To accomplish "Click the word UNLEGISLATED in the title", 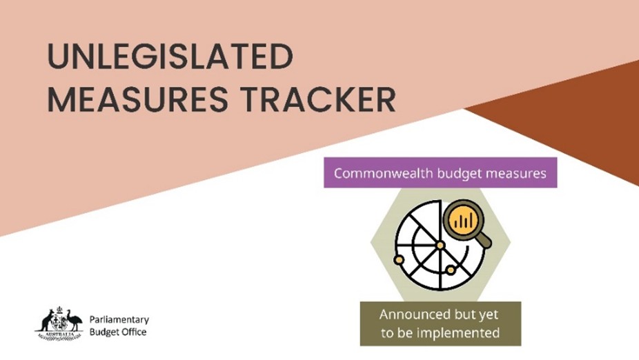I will [169, 58].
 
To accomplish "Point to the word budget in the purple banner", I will [462, 173].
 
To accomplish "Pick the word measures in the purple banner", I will [517, 173].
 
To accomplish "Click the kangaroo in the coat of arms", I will [48, 321].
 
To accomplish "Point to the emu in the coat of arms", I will [74, 321].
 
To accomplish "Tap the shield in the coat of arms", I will [61, 321].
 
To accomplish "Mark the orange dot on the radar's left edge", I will [398, 259].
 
